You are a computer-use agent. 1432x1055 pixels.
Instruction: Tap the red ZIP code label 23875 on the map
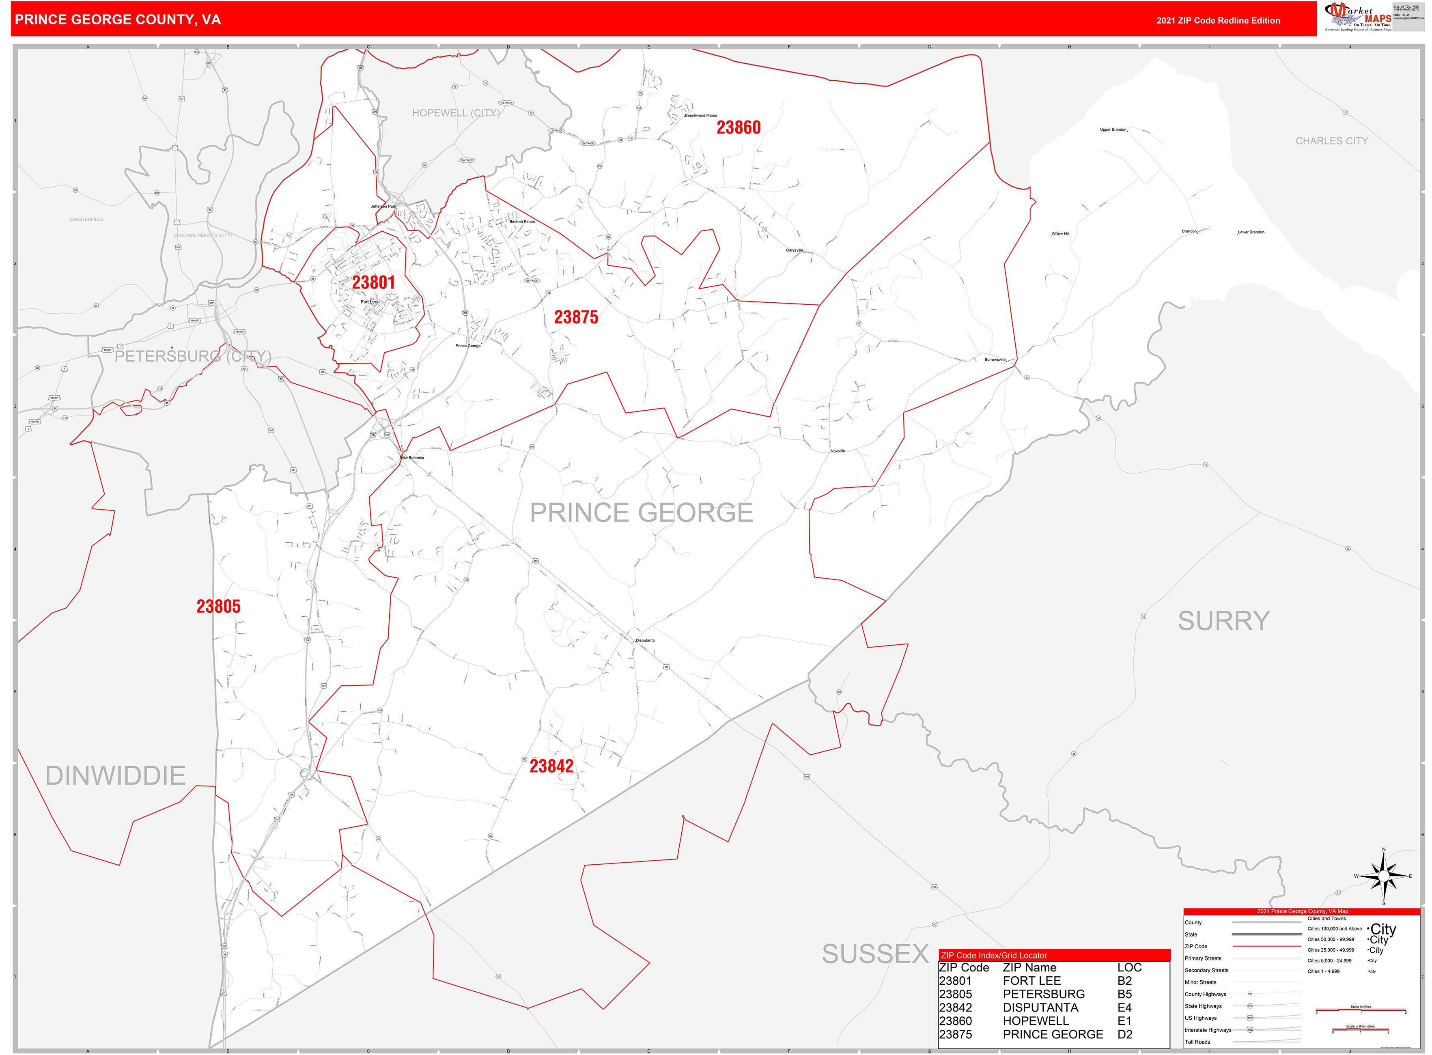(576, 317)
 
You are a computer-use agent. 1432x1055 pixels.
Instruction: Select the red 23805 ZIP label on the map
(218, 607)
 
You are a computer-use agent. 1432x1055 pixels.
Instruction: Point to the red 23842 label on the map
(551, 766)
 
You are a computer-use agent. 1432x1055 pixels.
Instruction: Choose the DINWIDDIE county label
(116, 776)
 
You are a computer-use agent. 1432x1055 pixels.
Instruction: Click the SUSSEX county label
(875, 954)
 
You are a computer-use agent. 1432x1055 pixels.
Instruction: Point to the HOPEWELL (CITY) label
(455, 113)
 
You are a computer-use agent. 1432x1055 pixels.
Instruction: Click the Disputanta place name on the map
(645, 640)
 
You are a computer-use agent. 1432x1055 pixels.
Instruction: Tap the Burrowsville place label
(995, 360)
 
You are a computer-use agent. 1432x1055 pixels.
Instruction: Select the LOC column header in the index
(1129, 967)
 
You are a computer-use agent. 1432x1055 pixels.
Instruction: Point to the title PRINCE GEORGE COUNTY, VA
(118, 20)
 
